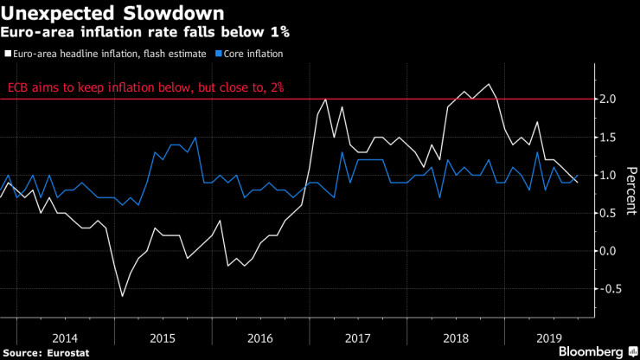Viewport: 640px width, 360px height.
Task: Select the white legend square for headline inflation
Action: (9, 54)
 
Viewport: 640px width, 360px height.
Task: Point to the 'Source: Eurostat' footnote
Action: (43, 351)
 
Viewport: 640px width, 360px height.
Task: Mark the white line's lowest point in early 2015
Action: (122, 297)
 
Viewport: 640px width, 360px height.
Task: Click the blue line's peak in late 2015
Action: (195, 138)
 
